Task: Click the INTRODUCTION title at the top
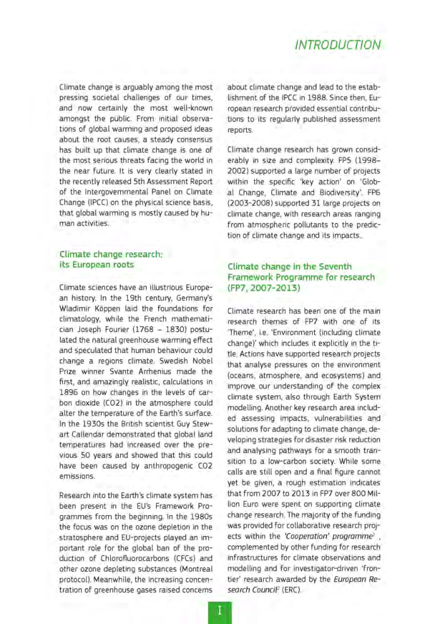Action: (338, 45)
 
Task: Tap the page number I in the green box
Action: (219, 610)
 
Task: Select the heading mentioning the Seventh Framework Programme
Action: (302, 278)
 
